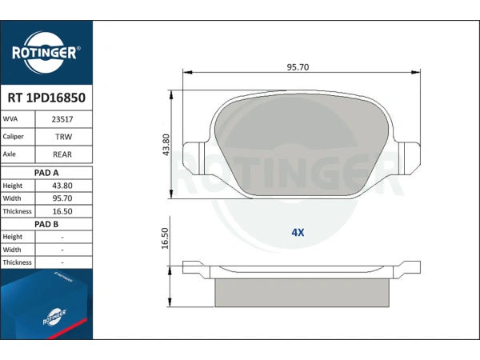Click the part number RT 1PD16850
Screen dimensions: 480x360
click(46, 98)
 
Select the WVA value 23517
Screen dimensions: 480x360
click(62, 119)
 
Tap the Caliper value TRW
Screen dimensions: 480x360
click(63, 137)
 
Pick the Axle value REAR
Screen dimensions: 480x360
click(62, 154)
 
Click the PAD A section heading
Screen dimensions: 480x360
click(46, 173)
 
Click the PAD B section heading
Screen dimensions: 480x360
click(46, 224)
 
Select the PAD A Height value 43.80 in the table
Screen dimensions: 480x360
click(62, 186)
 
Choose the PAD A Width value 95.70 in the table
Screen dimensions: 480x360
click(62, 198)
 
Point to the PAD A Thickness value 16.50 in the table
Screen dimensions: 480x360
click(62, 211)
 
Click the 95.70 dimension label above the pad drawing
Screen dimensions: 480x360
click(298, 67)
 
